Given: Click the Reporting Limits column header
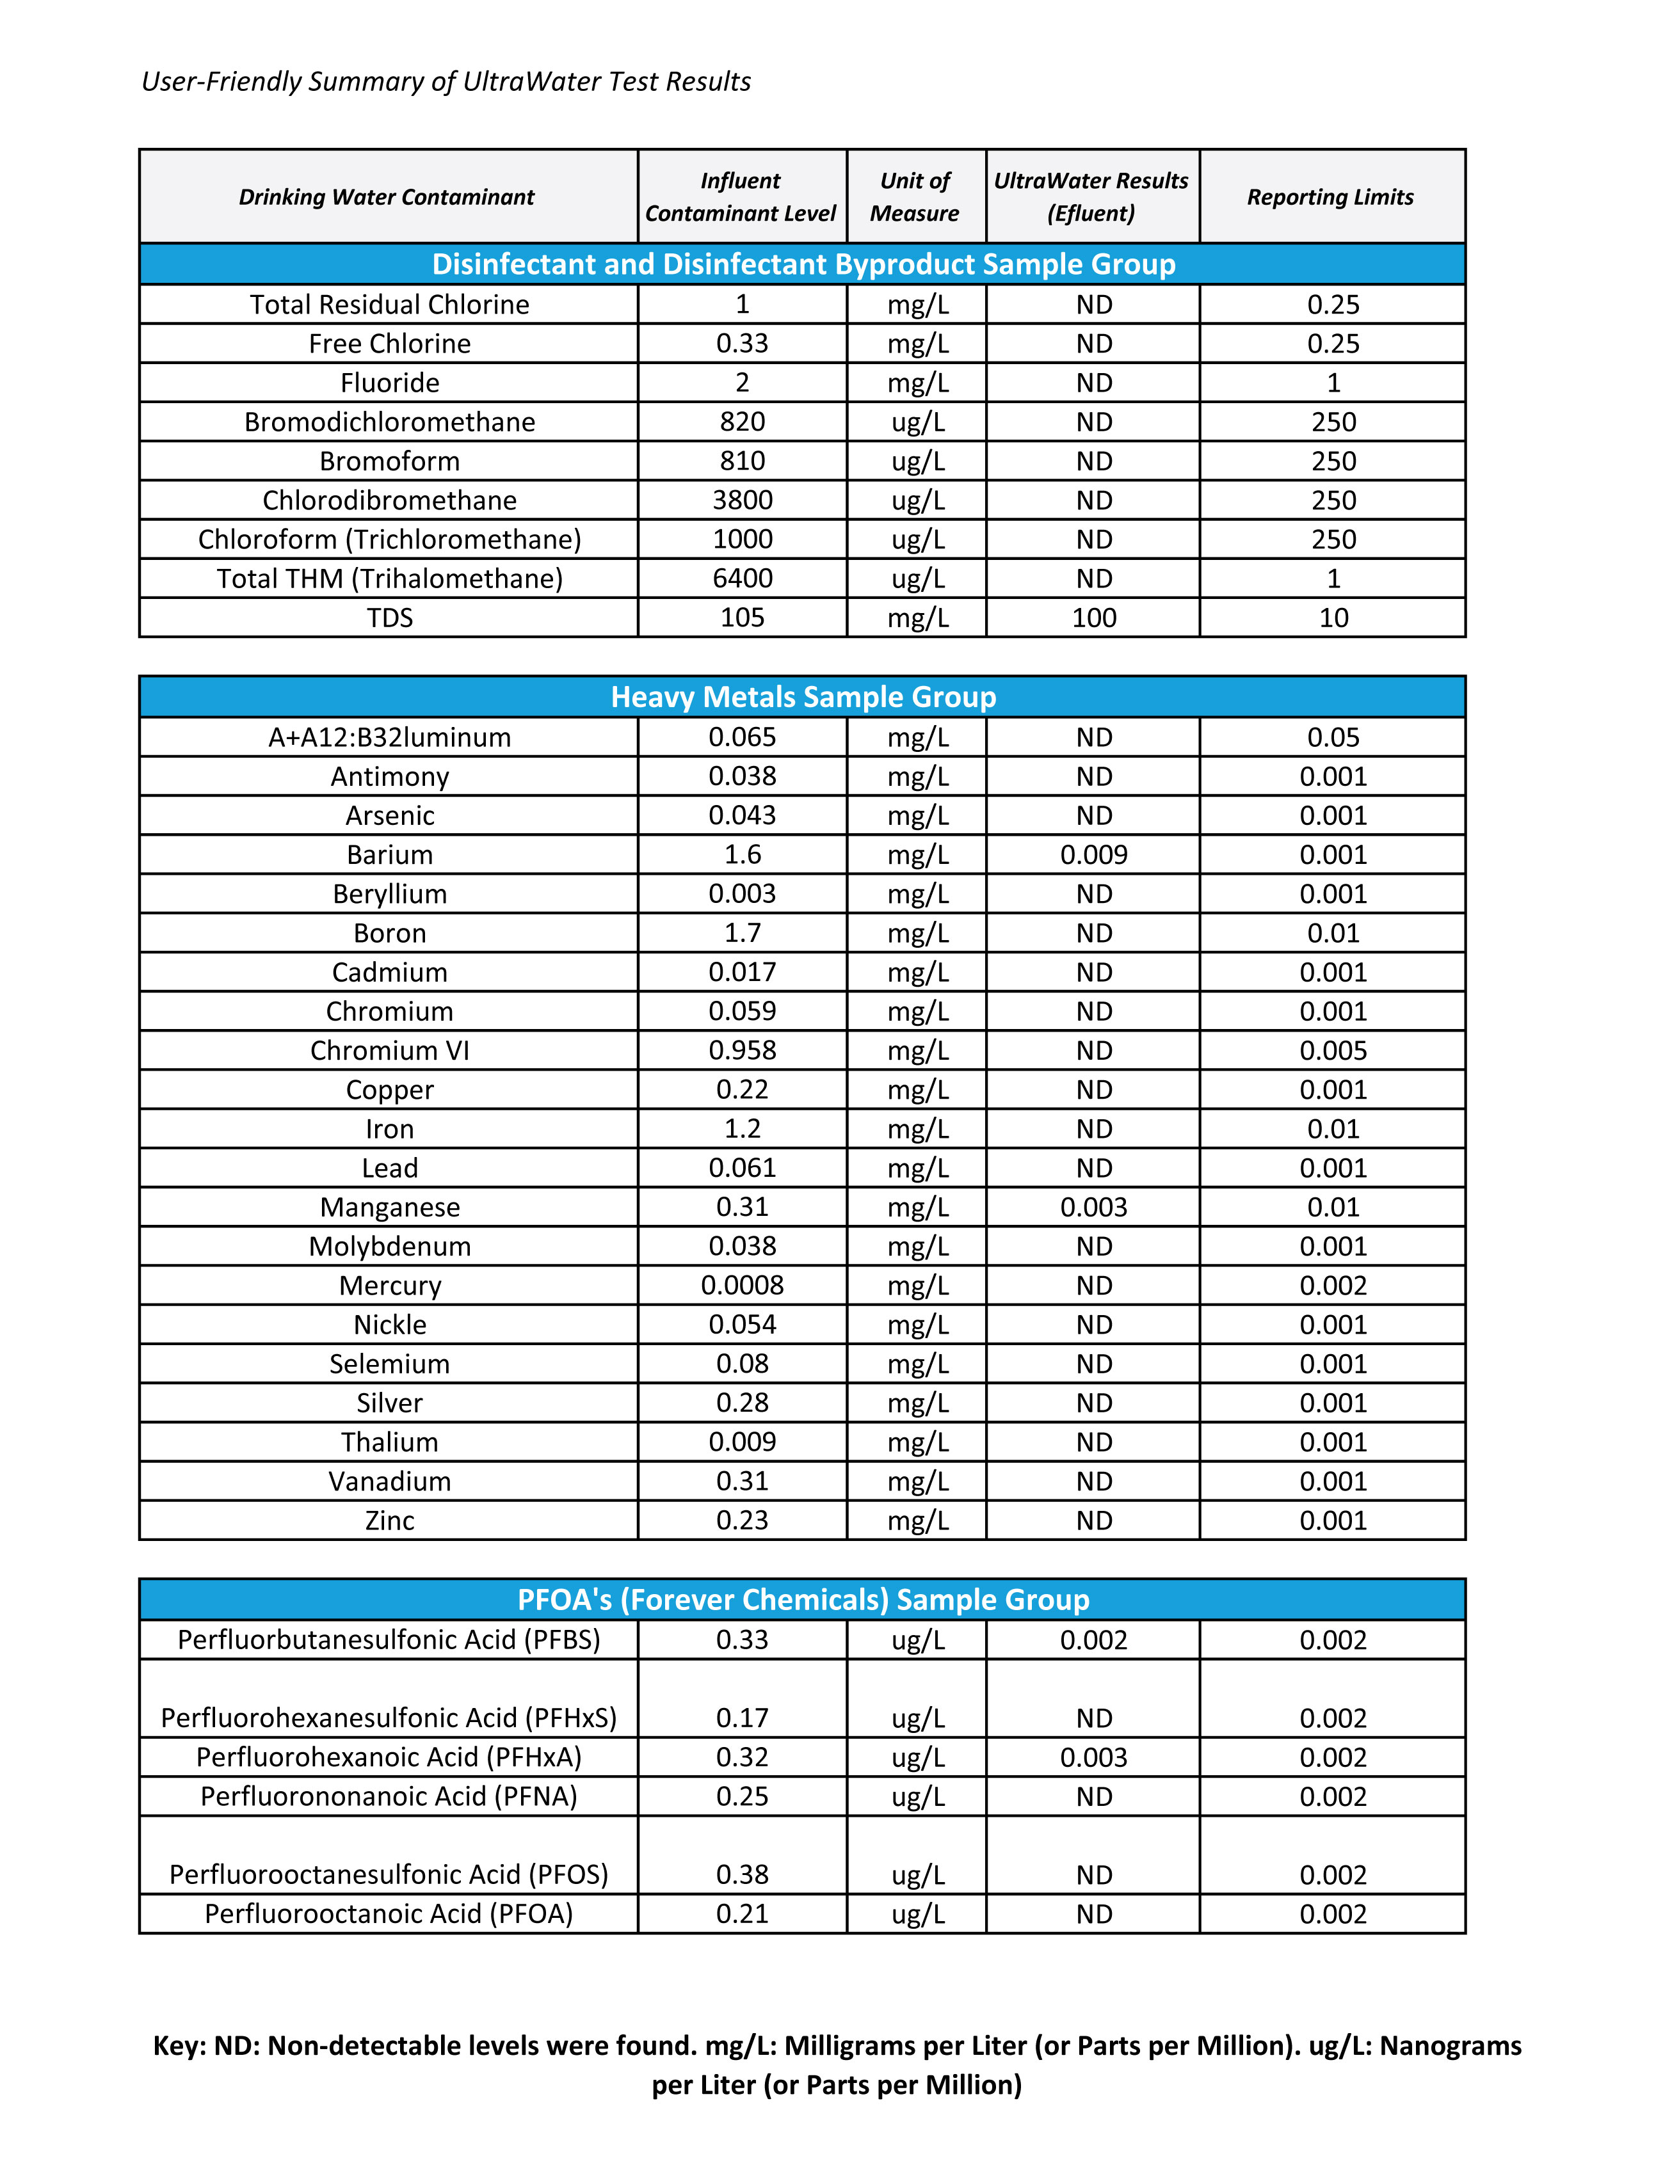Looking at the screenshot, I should pyautogui.click(x=1330, y=197).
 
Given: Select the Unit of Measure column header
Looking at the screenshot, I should pyautogui.click(x=915, y=197).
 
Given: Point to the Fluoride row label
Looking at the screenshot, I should pyautogui.click(x=389, y=383).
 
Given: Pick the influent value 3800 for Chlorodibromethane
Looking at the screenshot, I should pyautogui.click(x=742, y=500).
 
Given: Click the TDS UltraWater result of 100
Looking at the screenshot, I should pyautogui.click(x=1093, y=618).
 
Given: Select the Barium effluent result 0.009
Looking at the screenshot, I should pyautogui.click(x=1093, y=855).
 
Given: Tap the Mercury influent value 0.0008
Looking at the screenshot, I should pyautogui.click(x=742, y=1286).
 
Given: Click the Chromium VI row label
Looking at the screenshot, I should pyautogui.click(x=389, y=1051).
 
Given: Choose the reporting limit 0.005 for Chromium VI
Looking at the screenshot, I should pyautogui.click(x=1333, y=1051).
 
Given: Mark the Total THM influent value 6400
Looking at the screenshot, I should pyautogui.click(x=742, y=579).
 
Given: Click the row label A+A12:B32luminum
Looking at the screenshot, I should pyautogui.click(x=389, y=738).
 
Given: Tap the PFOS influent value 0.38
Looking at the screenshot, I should pyautogui.click(x=742, y=1875).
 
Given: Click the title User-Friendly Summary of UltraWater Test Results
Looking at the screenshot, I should pyautogui.click(x=446, y=81).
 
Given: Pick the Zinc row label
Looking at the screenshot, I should pyautogui.click(x=389, y=1520).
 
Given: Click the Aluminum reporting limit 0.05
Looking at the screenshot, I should pyautogui.click(x=1333, y=738).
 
